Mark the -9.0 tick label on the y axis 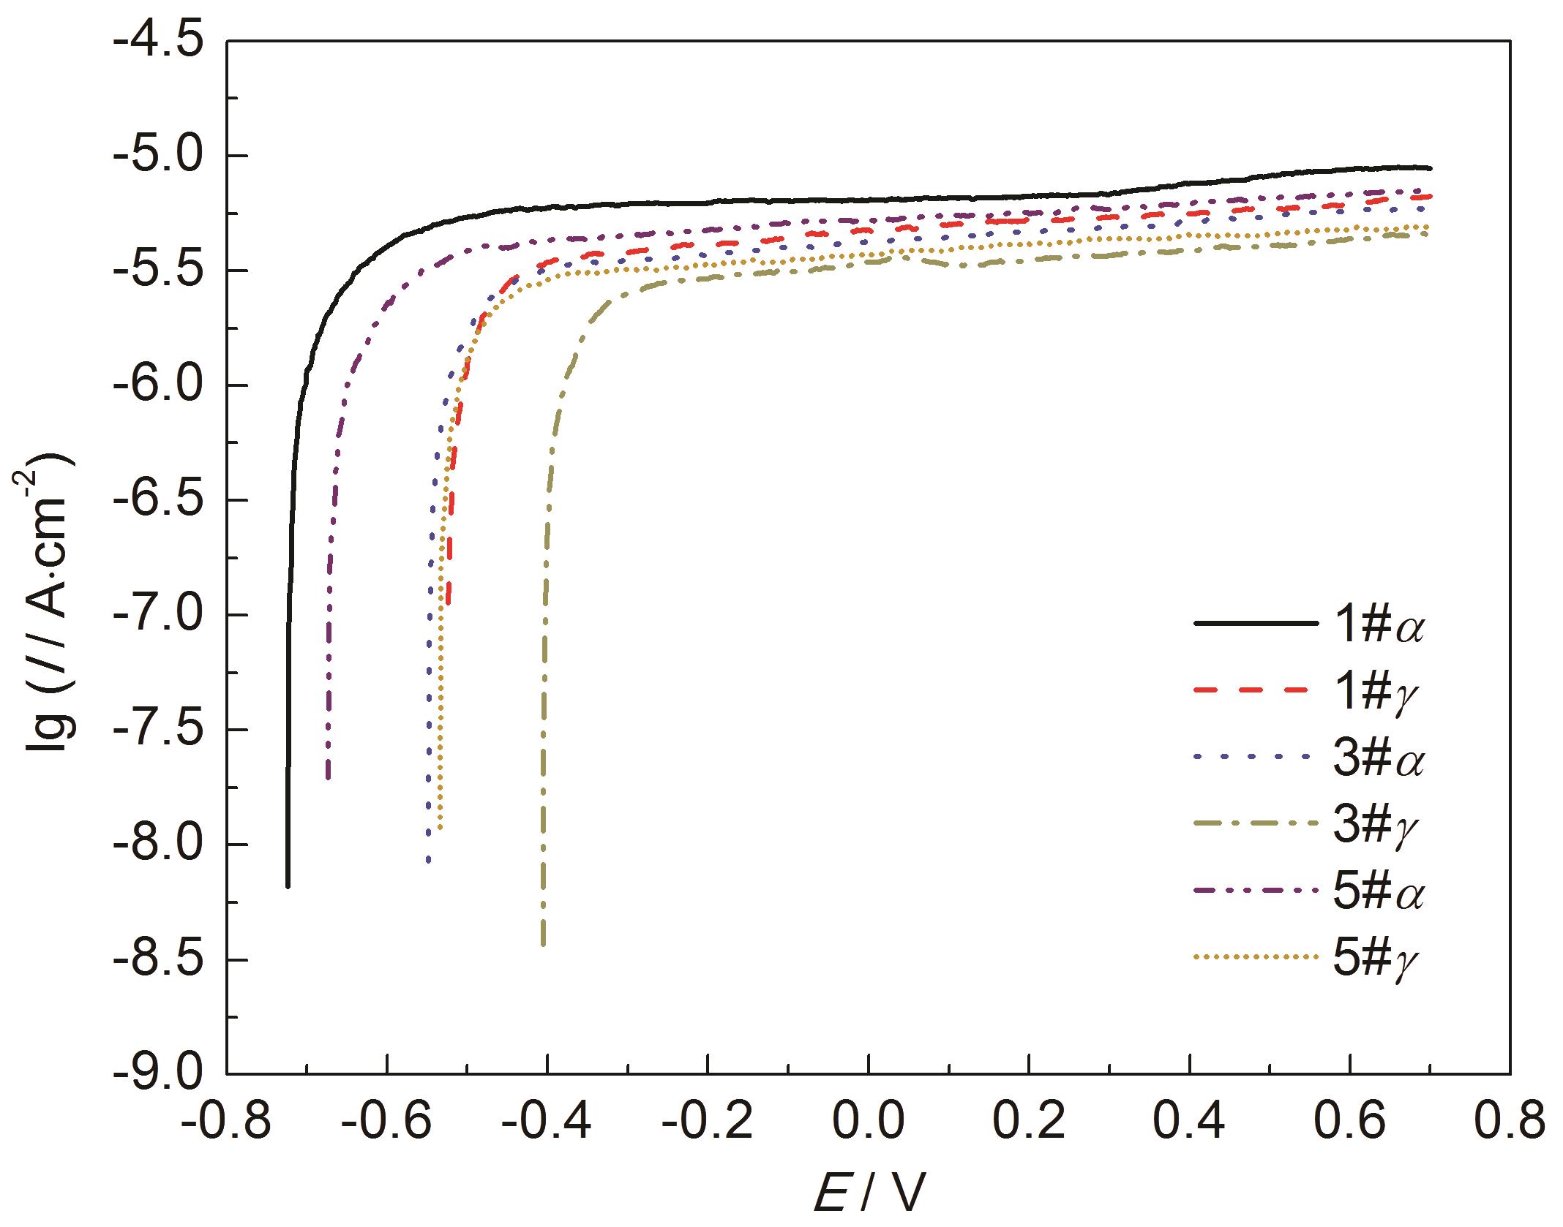coord(158,1074)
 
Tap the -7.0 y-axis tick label coord(158,615)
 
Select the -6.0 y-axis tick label coord(158,385)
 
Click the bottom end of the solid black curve coord(288,886)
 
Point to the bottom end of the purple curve coord(328,778)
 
